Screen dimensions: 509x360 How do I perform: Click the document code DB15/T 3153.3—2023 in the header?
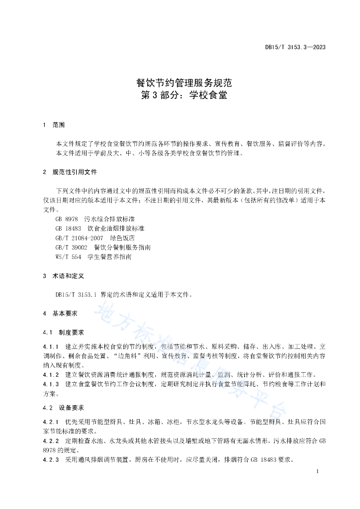(295, 48)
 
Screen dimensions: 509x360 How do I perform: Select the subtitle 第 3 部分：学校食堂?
(184, 95)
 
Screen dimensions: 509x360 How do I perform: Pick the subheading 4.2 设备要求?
(64, 408)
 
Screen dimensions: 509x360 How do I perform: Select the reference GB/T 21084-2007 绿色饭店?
(92, 238)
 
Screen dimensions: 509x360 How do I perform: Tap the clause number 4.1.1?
(51, 346)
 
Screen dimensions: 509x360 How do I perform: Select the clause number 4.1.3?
(51, 384)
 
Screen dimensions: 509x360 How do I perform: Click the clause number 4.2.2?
(51, 441)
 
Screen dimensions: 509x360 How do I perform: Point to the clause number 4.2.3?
(51, 460)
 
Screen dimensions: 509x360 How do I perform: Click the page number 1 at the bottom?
(317, 471)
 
